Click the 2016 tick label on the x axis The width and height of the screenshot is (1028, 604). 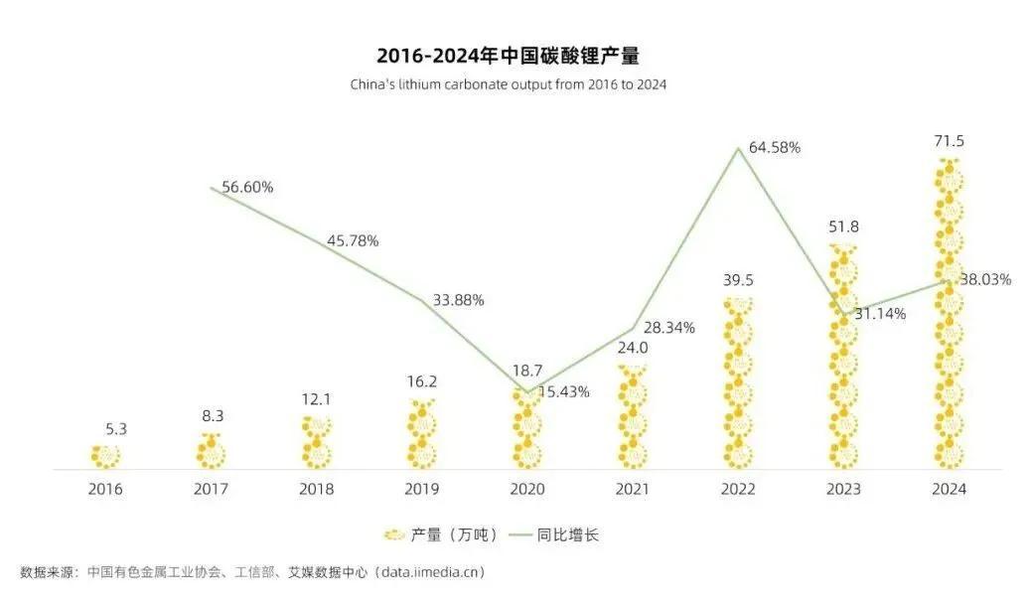(x=105, y=489)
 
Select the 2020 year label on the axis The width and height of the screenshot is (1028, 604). (x=526, y=489)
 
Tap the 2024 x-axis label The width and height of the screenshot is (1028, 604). (x=949, y=489)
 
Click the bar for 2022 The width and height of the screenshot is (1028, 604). (x=738, y=383)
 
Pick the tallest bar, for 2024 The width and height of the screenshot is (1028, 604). (x=949, y=314)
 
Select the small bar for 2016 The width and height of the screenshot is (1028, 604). (x=105, y=456)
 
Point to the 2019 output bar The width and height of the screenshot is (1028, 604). (x=421, y=434)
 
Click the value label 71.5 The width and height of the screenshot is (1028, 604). (x=949, y=142)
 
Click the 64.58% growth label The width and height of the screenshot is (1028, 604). (x=775, y=148)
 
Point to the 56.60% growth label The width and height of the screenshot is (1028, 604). (x=247, y=187)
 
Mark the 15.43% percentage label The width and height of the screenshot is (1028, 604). (x=563, y=391)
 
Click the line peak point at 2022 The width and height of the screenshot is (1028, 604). (x=738, y=149)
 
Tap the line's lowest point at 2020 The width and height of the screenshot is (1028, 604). (x=526, y=392)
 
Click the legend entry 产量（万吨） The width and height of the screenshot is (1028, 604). (x=441, y=534)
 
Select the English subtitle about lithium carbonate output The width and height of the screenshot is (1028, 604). (x=508, y=85)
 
